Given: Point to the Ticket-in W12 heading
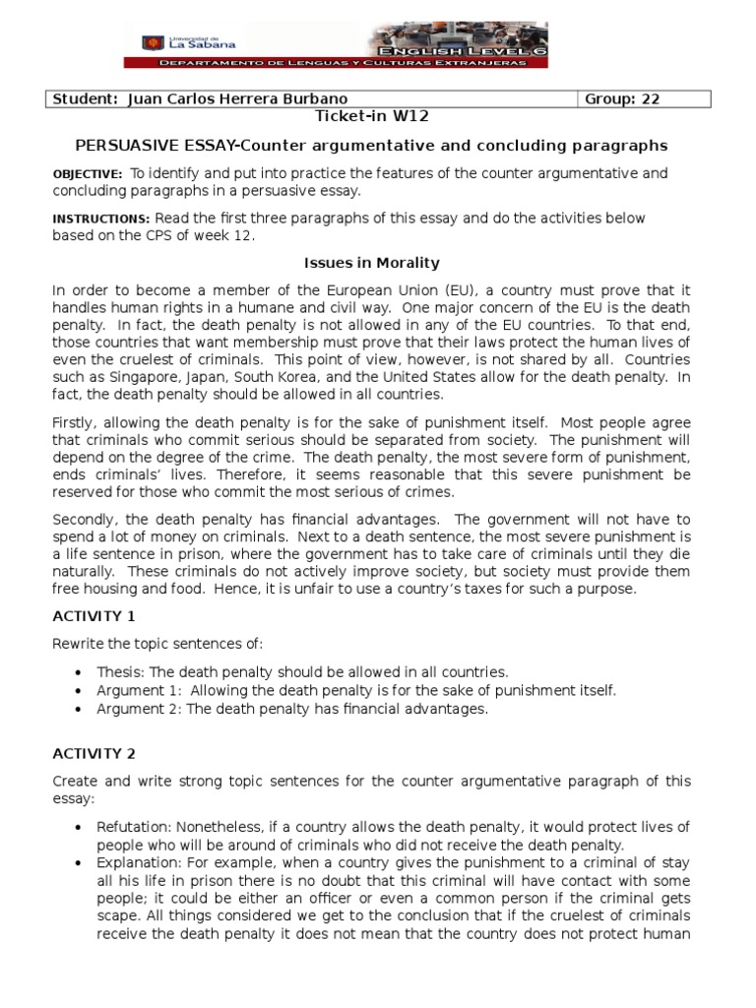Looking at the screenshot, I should coord(371,116).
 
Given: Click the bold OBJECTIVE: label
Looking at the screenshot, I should coord(88,174).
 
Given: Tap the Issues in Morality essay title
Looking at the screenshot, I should coord(369,263).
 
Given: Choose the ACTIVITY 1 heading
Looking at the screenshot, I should coord(94,616).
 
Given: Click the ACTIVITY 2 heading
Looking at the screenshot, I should coord(94,753).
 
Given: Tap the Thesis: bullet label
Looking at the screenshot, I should coord(118,672).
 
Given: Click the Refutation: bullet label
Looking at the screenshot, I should coord(132,827).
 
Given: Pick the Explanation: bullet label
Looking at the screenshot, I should coord(135,862).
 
